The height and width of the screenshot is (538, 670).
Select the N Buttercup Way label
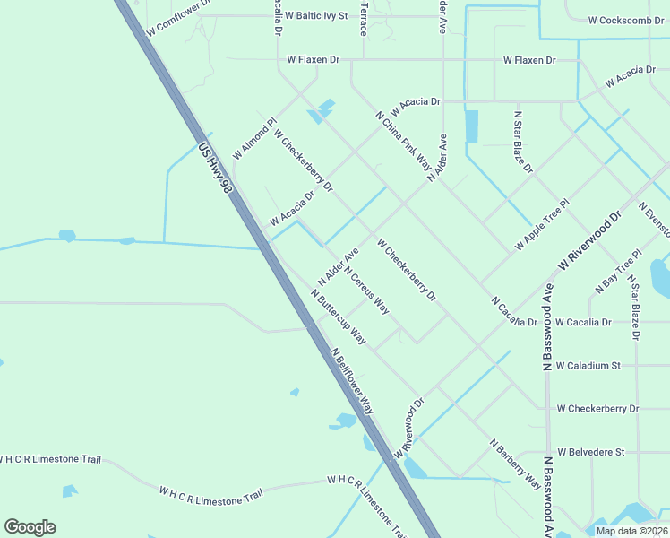[x=339, y=317]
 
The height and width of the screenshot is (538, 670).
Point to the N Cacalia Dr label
[x=513, y=311]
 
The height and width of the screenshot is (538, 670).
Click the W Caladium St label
[x=588, y=366]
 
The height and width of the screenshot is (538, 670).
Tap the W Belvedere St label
[x=590, y=452]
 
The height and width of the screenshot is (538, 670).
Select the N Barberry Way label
[x=515, y=464]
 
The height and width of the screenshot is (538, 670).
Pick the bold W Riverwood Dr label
[x=589, y=239]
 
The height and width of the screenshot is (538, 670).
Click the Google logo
[x=30, y=527]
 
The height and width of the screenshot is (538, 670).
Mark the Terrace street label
[x=364, y=18]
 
